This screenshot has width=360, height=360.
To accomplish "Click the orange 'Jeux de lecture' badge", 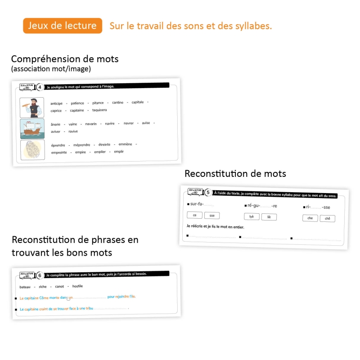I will (63, 26).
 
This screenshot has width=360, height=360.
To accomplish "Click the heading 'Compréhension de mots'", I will (65, 59).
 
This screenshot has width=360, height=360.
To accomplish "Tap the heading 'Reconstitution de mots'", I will (235, 173).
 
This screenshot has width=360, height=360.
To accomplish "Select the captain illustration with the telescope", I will (32, 107).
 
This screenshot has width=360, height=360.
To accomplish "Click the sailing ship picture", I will (32, 128).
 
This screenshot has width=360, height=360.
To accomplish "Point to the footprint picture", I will (32, 149).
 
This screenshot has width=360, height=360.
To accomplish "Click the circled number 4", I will (40, 87).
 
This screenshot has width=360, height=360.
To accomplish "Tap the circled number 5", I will (208, 193).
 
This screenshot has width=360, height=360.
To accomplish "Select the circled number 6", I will (40, 275).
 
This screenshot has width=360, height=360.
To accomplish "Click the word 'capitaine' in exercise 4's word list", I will (77, 110).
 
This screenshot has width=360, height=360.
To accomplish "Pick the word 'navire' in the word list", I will (110, 123).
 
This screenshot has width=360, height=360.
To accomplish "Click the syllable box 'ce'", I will (194, 216).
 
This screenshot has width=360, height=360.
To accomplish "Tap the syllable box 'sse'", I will (212, 216).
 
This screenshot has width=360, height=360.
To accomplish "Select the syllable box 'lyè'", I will (252, 216).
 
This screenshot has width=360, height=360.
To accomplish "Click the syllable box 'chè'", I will (328, 218).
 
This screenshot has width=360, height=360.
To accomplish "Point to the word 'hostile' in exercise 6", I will (77, 286).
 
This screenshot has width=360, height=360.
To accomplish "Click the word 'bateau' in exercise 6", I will (25, 287).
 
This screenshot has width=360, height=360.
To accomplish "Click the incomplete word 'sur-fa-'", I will (197, 204).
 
